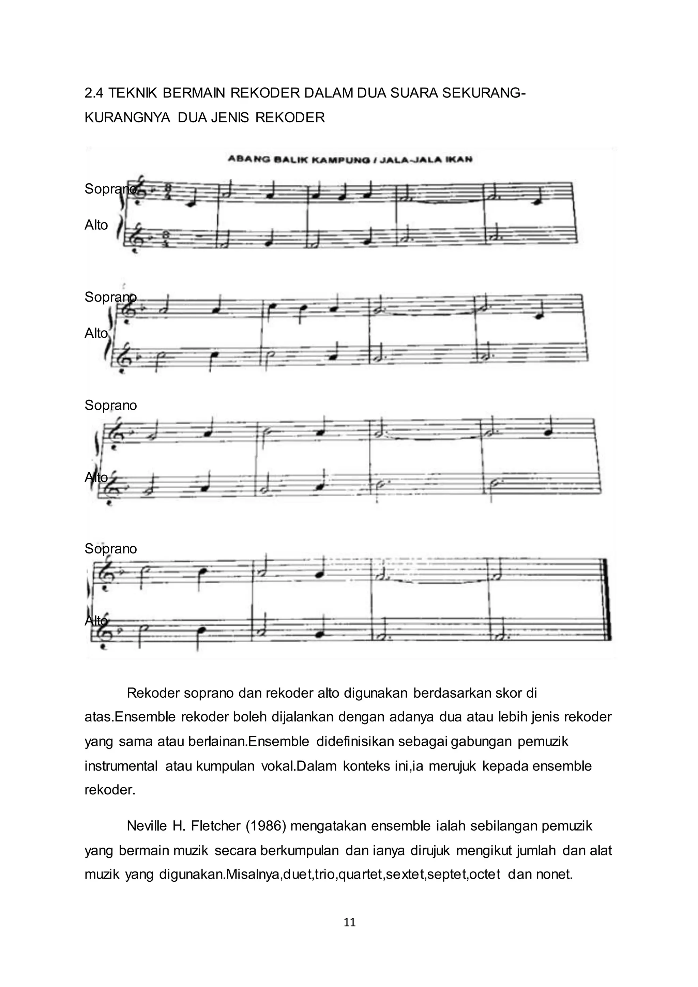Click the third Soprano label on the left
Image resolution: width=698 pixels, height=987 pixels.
(x=110, y=405)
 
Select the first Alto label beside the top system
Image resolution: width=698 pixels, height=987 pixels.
(x=96, y=225)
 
